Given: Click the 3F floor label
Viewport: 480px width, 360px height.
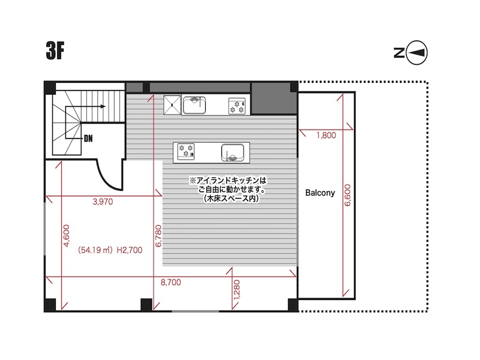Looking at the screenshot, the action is coord(55,51).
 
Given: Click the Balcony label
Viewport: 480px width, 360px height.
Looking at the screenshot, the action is coord(320,193).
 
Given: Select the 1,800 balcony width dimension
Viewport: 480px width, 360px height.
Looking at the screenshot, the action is coord(326,135).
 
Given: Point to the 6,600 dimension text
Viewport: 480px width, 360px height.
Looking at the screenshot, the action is coord(347,195).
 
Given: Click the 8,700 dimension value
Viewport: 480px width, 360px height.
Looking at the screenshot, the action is coord(171,282).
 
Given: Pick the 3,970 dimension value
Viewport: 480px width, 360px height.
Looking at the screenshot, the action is coord(103,202).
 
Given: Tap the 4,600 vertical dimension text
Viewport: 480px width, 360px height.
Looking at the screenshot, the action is coord(66,235).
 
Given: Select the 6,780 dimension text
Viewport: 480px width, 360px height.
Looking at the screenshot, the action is coord(158,236).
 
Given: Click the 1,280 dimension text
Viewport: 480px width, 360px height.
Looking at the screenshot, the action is coord(237,290).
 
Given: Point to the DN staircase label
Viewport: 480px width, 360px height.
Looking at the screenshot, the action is coord(88,139).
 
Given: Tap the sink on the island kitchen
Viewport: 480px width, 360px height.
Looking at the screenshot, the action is coord(233,152).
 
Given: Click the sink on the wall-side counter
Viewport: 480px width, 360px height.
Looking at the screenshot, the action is coord(194,104).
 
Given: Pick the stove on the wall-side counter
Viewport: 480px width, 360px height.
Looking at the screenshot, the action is coord(237,106).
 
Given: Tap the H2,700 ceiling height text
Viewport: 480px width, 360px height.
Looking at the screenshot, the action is coord(130,250).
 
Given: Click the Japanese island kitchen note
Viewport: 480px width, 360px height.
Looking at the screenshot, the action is coord(228,190).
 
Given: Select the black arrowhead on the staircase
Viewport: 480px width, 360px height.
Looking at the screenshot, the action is coord(103,107).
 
